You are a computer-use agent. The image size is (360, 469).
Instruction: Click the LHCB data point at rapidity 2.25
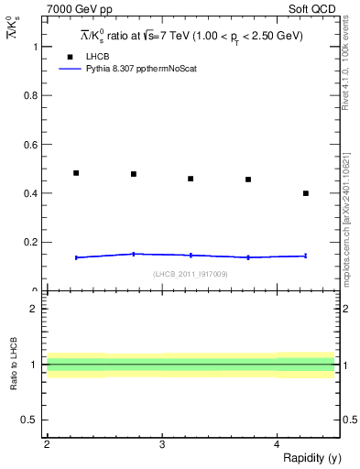point(76,172)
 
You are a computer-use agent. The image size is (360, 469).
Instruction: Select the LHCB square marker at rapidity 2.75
point(134,174)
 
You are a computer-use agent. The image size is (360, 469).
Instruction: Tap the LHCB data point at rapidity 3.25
point(191,179)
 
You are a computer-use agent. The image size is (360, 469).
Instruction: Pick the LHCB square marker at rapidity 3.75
point(248,180)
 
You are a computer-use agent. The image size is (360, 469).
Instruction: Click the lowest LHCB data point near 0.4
point(306,193)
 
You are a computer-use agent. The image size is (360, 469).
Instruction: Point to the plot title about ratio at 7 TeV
point(191,36)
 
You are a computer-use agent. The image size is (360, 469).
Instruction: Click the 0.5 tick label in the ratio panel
point(29,420)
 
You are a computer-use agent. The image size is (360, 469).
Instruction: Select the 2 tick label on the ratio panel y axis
point(33,309)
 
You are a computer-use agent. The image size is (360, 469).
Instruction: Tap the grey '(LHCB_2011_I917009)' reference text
point(191,274)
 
